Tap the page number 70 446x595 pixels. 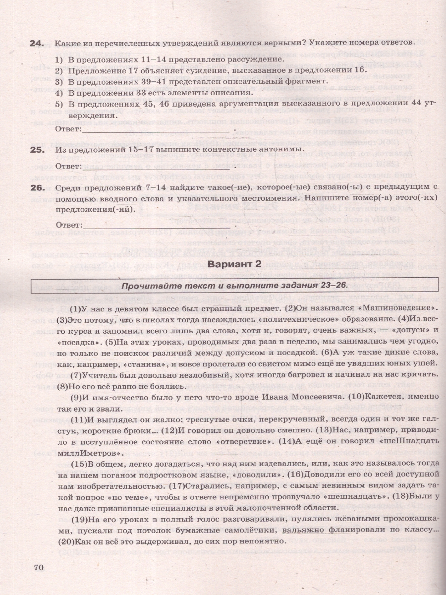(40, 567)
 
